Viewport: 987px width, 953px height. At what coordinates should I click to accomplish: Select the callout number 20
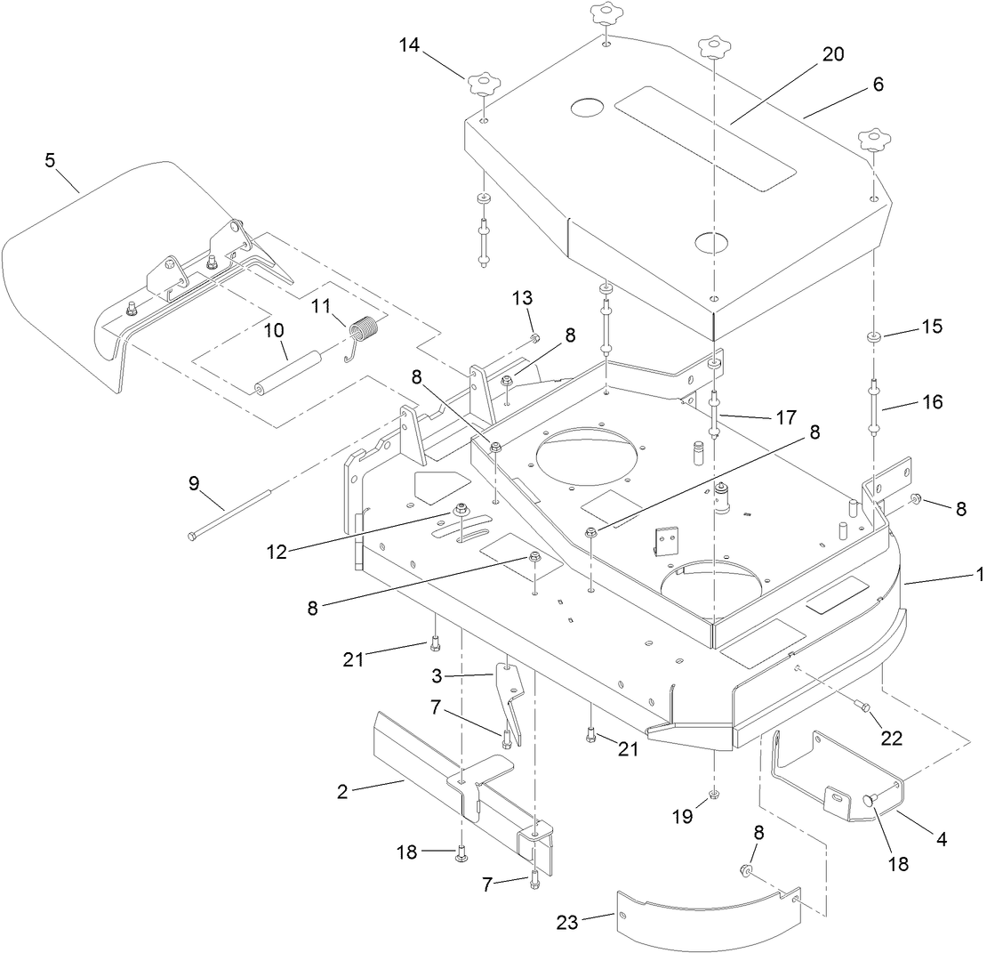832,53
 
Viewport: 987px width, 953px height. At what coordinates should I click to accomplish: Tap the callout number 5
50,161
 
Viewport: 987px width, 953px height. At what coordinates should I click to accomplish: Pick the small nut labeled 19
714,793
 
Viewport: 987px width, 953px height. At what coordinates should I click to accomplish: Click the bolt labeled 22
862,707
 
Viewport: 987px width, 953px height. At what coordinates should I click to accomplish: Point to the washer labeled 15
874,338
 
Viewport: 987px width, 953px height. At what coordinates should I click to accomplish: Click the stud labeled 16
875,405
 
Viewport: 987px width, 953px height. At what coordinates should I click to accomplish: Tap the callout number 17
784,416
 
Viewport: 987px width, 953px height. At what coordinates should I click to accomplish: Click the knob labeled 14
481,85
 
